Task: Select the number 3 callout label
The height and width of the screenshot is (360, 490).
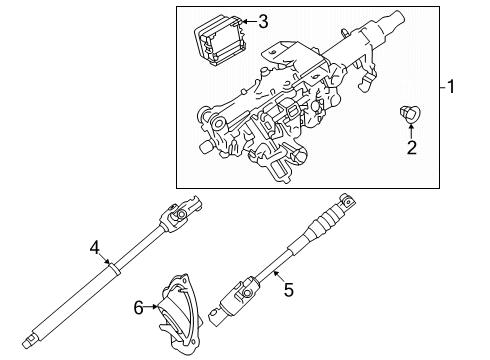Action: [262, 21]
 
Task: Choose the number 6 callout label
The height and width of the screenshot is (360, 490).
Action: [140, 310]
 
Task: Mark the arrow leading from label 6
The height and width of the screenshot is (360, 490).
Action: [153, 309]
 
